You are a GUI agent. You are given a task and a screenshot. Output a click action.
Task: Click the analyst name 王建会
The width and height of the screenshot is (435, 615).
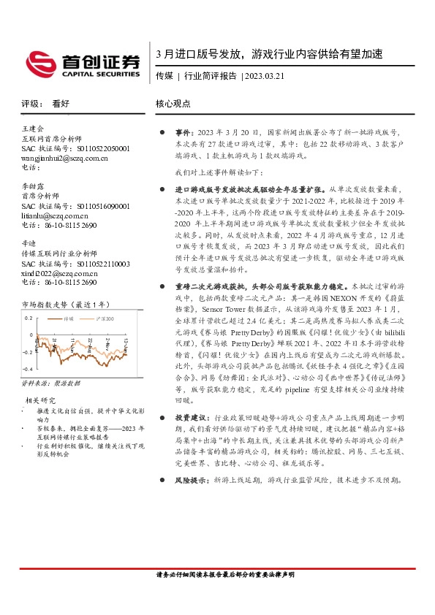pos(33,129)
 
